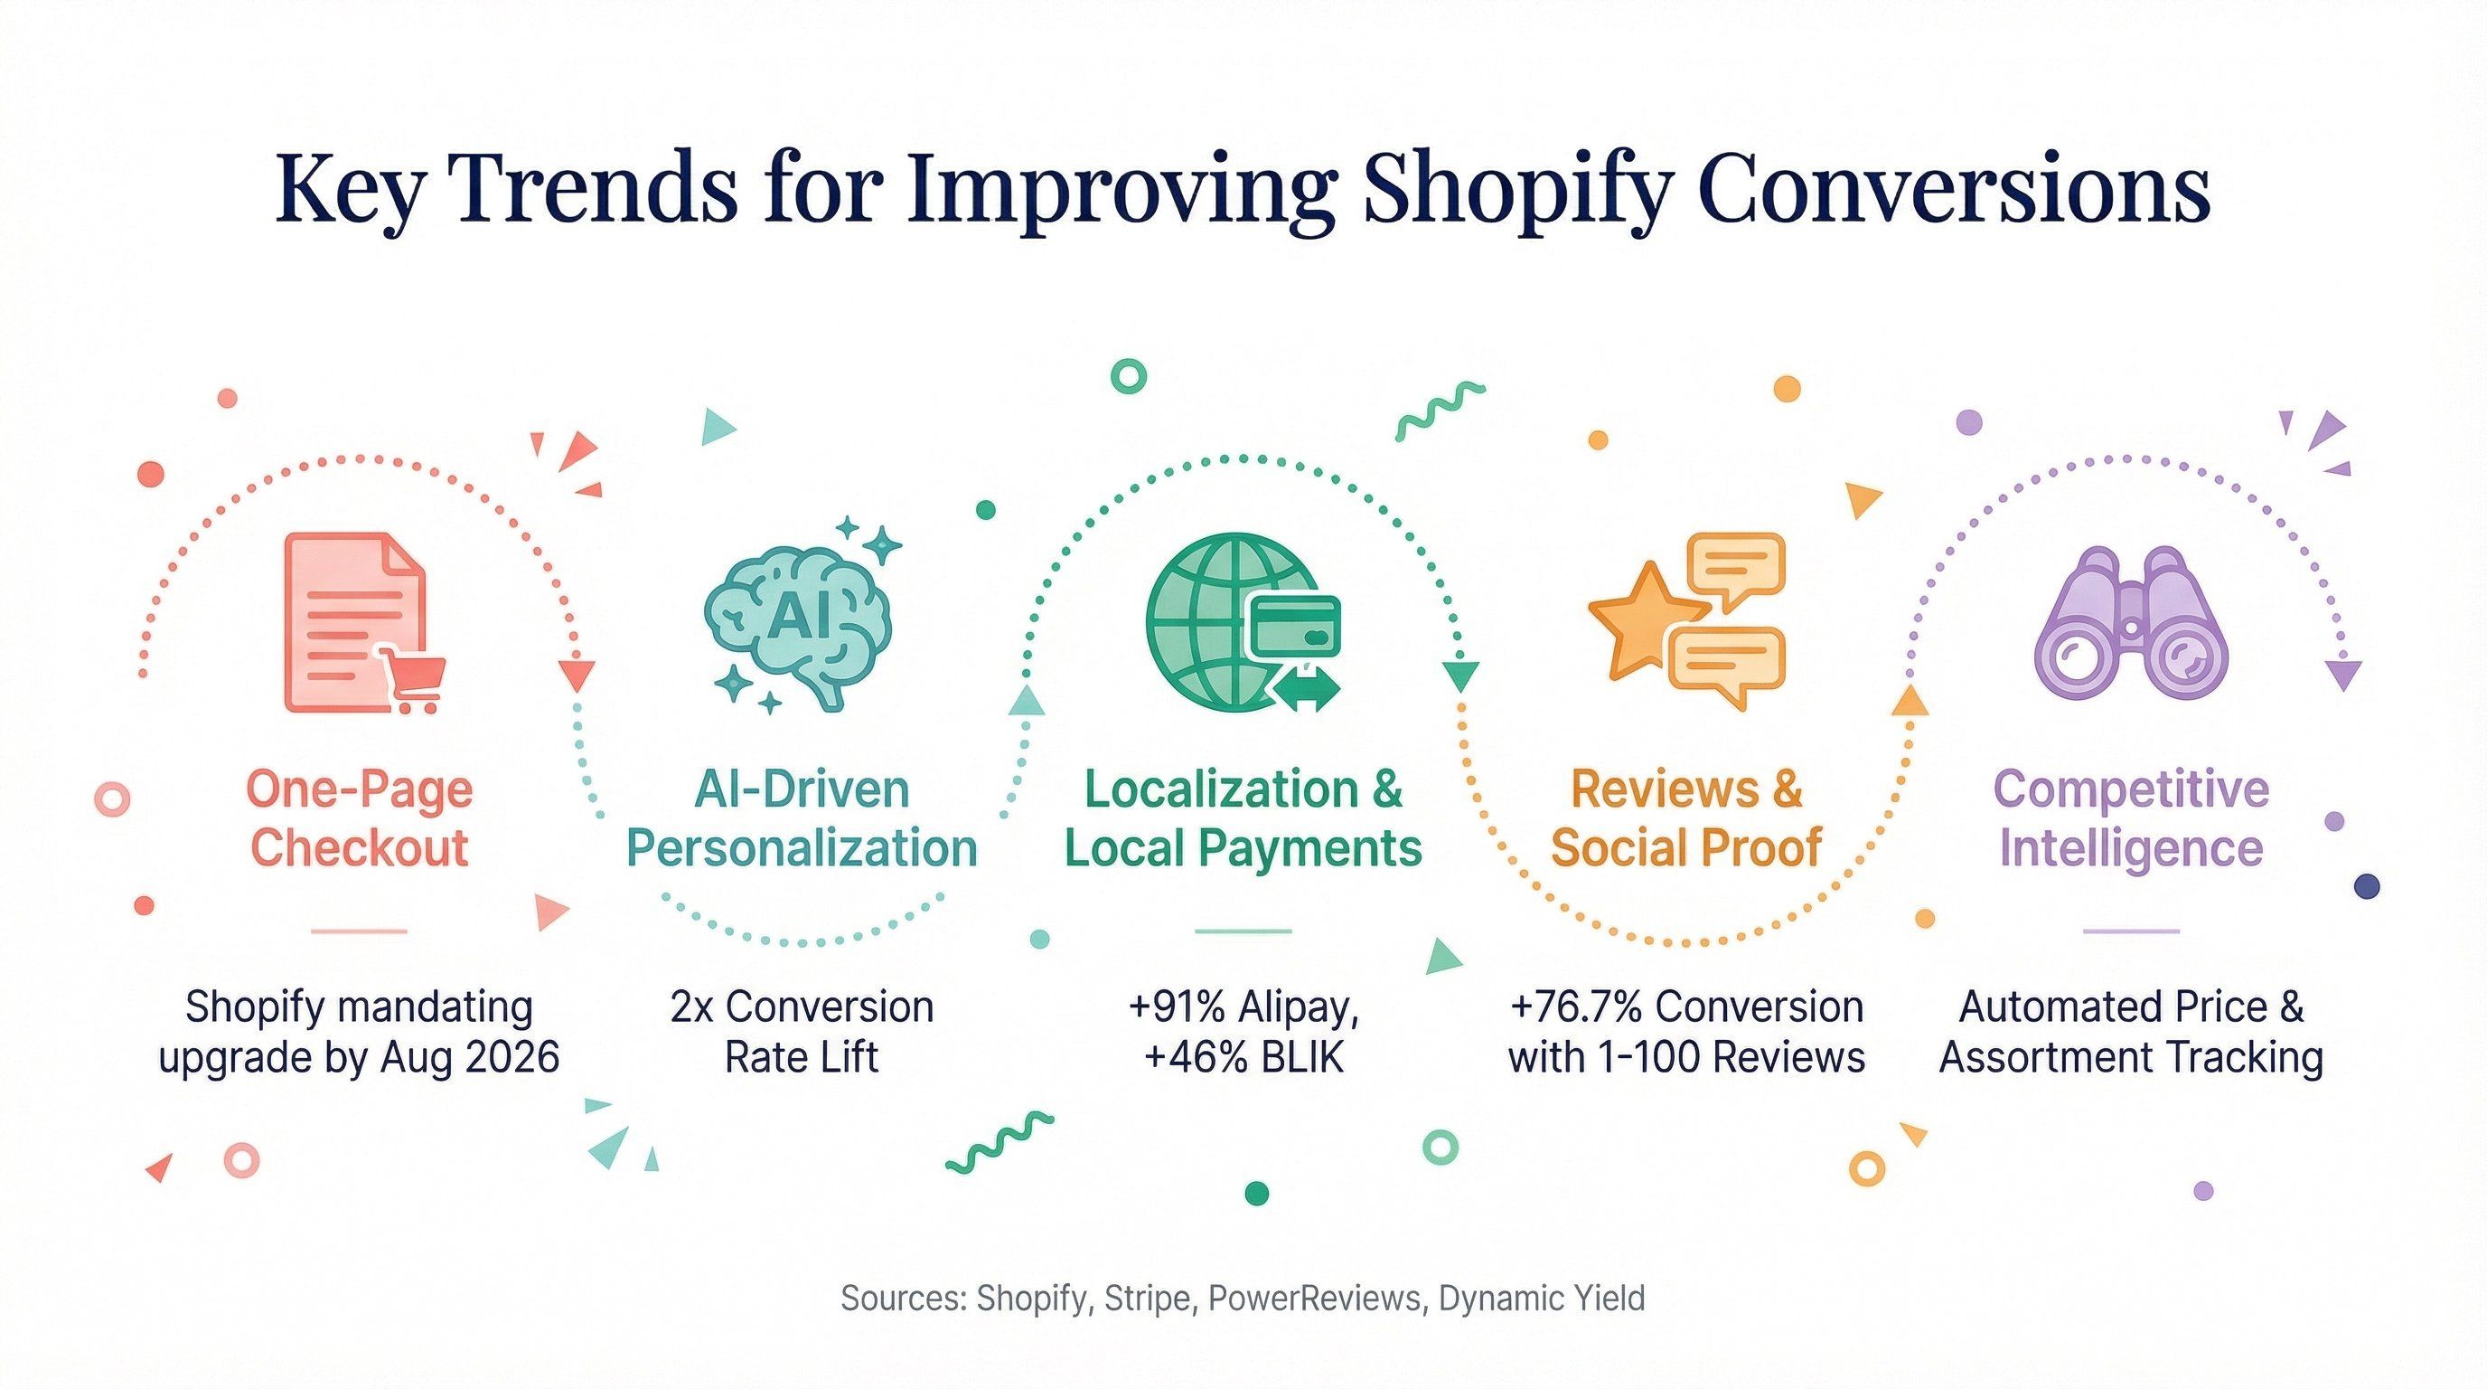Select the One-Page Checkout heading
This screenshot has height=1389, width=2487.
[359, 819]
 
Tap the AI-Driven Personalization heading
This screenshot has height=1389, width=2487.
[802, 819]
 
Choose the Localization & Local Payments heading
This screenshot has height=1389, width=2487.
[1243, 819]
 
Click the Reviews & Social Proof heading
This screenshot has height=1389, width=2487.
[1685, 819]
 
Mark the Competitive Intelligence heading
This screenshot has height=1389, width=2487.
[2131, 819]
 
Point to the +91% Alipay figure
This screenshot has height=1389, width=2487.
[1243, 1007]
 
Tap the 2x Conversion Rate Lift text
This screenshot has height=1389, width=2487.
[802, 1032]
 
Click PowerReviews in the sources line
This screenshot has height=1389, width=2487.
[1316, 1299]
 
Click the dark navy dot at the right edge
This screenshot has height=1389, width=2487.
[2368, 885]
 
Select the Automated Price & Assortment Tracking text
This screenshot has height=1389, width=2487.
[2131, 1032]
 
